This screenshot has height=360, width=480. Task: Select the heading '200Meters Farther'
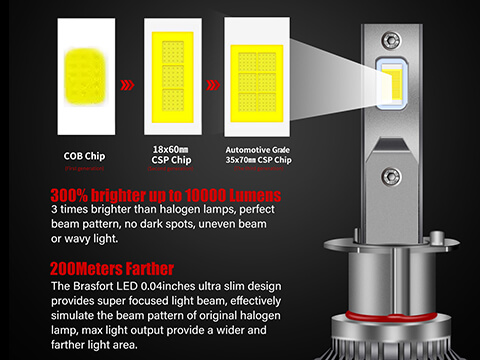click(x=111, y=268)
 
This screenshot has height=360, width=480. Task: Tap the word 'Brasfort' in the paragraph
click(x=104, y=286)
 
